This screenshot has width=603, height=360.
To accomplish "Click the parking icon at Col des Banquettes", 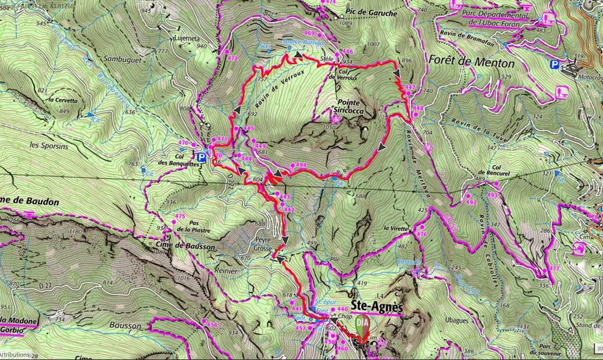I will [201, 156].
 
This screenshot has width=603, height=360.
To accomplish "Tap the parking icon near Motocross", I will [555, 65].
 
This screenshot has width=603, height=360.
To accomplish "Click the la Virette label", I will [395, 228].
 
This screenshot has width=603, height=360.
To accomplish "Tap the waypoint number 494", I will [301, 165].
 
